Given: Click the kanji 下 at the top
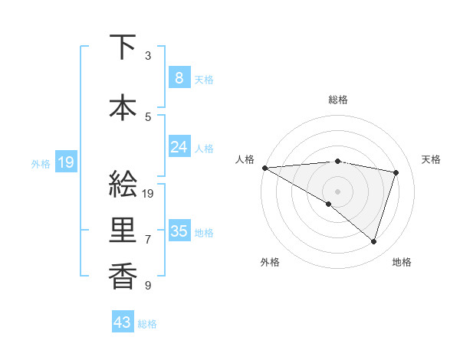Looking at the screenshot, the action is coord(123,47).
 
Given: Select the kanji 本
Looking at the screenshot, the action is coord(123,108).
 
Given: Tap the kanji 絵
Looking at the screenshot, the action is coord(123,184).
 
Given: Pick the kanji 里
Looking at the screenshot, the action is coord(123,231).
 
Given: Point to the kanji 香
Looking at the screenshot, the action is coord(123,277).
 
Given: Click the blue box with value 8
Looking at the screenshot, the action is coord(179,77).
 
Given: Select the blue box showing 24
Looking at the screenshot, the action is coord(179,146).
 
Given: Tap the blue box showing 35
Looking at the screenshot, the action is coord(179,231).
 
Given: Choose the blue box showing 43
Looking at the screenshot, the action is coord(122,322).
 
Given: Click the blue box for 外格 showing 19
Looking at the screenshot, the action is coord(65,162).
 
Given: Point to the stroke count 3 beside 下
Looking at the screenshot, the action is coord(148,56).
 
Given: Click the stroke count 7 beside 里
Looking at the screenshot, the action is coord(148,240).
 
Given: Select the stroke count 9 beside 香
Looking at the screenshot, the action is coord(148,286).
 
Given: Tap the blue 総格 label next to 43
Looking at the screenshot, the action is coord(147,324).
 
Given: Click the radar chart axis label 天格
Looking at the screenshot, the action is coord(432,159).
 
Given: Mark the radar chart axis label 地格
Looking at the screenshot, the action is coord(402,263).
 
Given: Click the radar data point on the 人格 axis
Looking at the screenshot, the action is coord(264,167).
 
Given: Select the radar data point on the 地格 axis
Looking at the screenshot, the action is coord(373,242).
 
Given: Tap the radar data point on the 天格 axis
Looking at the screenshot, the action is coord(396,172).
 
